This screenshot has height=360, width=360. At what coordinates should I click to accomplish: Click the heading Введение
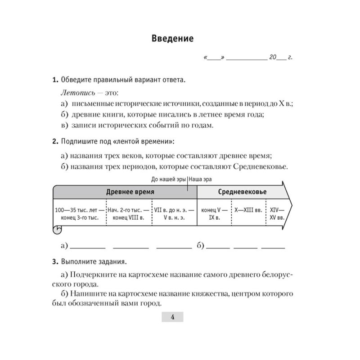(172, 39)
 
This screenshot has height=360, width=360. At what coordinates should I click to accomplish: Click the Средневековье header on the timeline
(242, 192)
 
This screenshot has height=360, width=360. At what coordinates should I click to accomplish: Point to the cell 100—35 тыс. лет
(79, 213)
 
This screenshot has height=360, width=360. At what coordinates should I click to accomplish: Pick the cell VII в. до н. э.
(174, 213)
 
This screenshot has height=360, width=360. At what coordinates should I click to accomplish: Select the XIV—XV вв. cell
(276, 213)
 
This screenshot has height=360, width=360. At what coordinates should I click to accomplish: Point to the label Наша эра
(200, 179)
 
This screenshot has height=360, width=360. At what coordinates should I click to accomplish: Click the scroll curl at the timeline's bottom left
(57, 229)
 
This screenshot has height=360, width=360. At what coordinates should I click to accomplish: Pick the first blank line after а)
(88, 247)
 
